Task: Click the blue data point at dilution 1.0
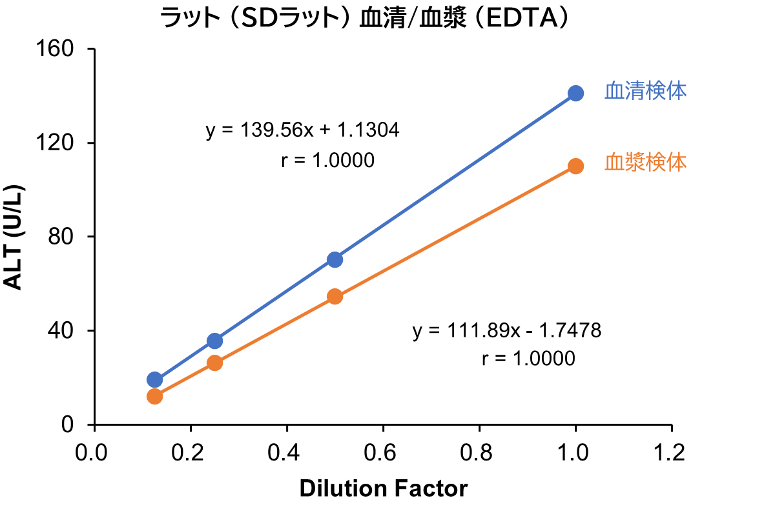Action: [575, 94]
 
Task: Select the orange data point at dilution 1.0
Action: [575, 166]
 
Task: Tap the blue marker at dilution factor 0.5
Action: [335, 260]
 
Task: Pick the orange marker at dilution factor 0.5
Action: [335, 297]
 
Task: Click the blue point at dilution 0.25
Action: [215, 341]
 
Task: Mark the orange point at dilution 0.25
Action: [215, 363]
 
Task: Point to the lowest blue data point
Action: [154, 379]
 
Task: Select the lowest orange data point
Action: [154, 396]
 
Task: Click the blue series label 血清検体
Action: [645, 92]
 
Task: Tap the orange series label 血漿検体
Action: [645, 163]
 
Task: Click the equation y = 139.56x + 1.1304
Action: [302, 130]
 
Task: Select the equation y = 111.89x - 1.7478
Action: [507, 331]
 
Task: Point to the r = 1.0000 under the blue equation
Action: [327, 160]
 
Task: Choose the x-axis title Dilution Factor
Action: [383, 488]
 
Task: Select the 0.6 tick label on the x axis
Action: [383, 452]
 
